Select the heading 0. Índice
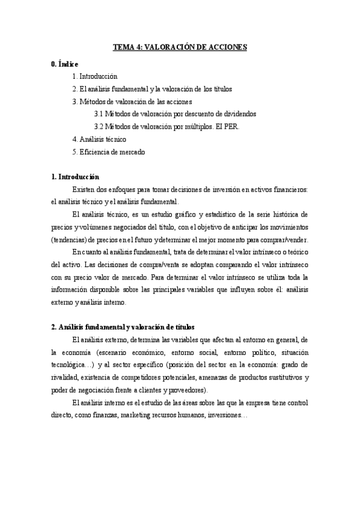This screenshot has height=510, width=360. pyautogui.click(x=65, y=64)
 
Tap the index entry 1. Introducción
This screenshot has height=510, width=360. pyautogui.click(x=94, y=76)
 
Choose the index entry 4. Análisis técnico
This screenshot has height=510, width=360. pyautogui.click(x=99, y=140)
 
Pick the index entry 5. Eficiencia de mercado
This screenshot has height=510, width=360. pyautogui.click(x=108, y=152)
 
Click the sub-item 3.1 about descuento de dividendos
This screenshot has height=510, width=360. pyautogui.click(x=175, y=114)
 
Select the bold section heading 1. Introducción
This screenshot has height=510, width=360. pyautogui.click(x=76, y=177)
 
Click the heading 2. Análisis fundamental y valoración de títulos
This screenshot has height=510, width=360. pyautogui.click(x=123, y=327)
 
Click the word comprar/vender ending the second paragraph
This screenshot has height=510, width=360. pyautogui.click(x=287, y=240)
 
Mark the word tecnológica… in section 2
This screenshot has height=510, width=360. pyautogui.click(x=72, y=365)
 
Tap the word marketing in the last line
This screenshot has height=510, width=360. pyautogui.click(x=148, y=416)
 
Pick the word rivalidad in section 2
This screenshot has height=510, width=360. pyautogui.click(x=66, y=378)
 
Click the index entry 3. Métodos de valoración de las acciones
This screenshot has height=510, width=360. pyautogui.click(x=132, y=102)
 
